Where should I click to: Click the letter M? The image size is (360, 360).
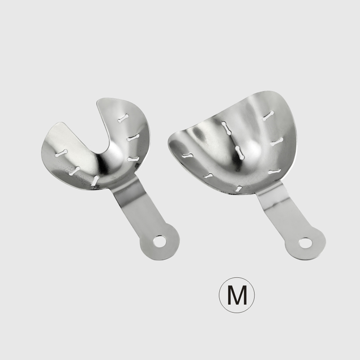pyautogui.click(x=237, y=295)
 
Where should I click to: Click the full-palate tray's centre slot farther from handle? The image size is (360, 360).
pyautogui.click(x=227, y=128)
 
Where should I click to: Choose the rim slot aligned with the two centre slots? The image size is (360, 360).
pyautogui.click(x=239, y=188)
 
